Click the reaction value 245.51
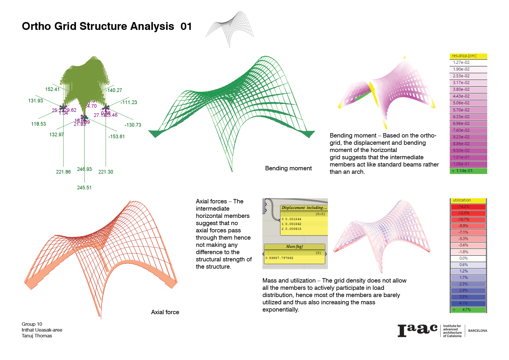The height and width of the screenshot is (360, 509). (x=84, y=188)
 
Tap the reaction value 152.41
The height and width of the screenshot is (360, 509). (x=52, y=89)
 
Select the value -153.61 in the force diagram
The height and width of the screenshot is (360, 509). (x=116, y=137)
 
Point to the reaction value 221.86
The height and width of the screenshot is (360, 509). (x=63, y=172)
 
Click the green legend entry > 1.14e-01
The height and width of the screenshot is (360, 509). (x=468, y=171)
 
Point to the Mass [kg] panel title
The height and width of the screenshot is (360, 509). (x=294, y=247)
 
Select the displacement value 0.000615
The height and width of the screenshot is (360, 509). (x=293, y=229)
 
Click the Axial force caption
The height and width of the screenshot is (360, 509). (x=165, y=312)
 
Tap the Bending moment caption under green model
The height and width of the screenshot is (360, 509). (x=288, y=168)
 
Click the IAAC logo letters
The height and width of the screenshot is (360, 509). (x=417, y=330)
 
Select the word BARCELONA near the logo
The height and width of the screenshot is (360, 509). (x=477, y=331)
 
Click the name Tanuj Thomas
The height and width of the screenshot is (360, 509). (x=37, y=336)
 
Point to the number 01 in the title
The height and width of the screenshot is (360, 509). (x=186, y=26)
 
